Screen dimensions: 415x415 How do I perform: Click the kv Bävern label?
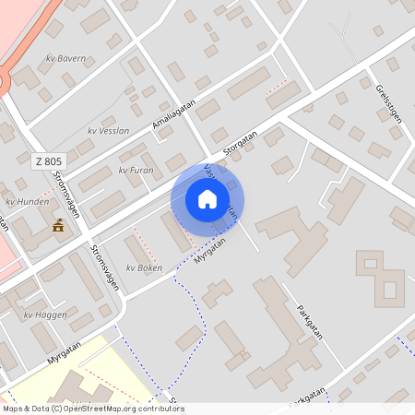65,59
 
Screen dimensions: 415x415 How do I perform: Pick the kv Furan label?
136,171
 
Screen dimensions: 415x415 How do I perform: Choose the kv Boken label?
144,268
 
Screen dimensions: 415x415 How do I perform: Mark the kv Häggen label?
44,314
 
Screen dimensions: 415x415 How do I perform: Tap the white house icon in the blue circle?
207,199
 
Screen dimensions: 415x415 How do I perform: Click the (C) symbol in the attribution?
56,409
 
